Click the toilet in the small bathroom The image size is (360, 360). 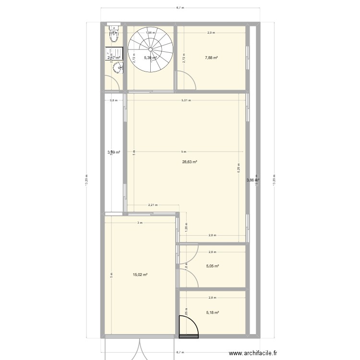[114, 36]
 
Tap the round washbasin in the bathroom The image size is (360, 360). [118, 69]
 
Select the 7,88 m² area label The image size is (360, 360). [211, 58]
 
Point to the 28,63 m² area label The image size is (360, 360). [190, 162]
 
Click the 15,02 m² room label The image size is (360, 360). [140, 275]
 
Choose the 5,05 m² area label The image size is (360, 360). [212, 266]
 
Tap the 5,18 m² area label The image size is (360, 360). [212, 312]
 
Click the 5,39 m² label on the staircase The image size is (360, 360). [151, 58]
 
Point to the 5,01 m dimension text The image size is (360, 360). [186, 100]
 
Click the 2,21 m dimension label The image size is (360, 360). [152, 205]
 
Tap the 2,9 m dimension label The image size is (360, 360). [211, 33]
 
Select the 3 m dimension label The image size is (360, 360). [140, 223]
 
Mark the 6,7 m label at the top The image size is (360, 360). [180, 8]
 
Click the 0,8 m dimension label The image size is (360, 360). [113, 100]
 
